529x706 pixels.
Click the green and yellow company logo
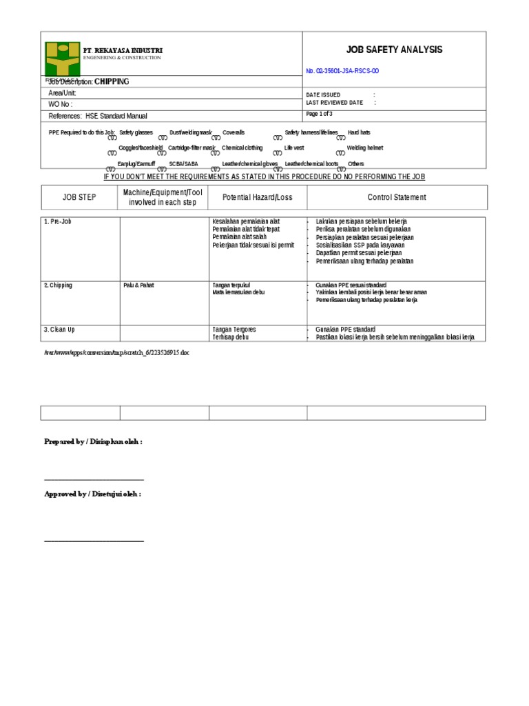pyautogui.click(x=62, y=59)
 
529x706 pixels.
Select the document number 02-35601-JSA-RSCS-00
pyautogui.click(x=342, y=71)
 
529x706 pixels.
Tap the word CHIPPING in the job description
pyautogui.click(x=112, y=81)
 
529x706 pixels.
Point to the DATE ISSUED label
pyautogui.click(x=322, y=94)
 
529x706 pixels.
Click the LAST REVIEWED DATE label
pyautogui.click(x=333, y=102)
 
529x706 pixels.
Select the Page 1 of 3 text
pyautogui.click(x=319, y=113)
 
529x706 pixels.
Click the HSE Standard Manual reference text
pyautogui.click(x=116, y=116)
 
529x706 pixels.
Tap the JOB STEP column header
pyautogui.click(x=80, y=197)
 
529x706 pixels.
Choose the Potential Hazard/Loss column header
pyautogui.click(x=257, y=197)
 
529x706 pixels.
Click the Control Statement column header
pyautogui.click(x=397, y=197)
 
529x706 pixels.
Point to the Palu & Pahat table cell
pyautogui.click(x=137, y=285)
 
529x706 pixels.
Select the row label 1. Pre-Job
pyautogui.click(x=56, y=221)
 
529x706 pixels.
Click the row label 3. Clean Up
pyautogui.click(x=60, y=330)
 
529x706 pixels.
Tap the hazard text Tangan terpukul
pyautogui.click(x=230, y=285)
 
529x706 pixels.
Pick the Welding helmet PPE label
pyautogui.click(x=364, y=148)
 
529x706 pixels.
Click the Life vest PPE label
pyautogui.click(x=294, y=148)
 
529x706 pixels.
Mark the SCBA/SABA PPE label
pyautogui.click(x=183, y=164)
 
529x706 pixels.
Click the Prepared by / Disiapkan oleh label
pyautogui.click(x=94, y=441)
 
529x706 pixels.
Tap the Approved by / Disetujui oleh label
pyautogui.click(x=93, y=494)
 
